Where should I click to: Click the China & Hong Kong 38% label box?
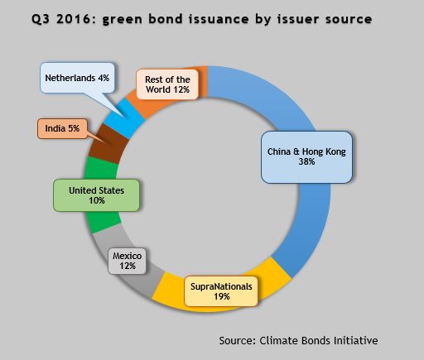tap(306, 157)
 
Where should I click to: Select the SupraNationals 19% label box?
tap(221, 291)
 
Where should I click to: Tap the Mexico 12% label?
tap(127, 261)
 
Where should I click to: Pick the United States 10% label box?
tap(96, 195)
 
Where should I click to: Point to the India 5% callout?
tap(62, 128)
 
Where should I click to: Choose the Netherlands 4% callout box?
tap(77, 78)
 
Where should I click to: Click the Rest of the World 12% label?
tap(167, 84)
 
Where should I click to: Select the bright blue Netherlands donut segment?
tap(125, 118)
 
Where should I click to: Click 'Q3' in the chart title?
tap(41, 19)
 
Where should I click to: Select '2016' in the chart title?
tap(73, 19)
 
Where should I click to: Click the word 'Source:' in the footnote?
tap(238, 340)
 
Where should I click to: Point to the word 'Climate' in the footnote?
tap(278, 340)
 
